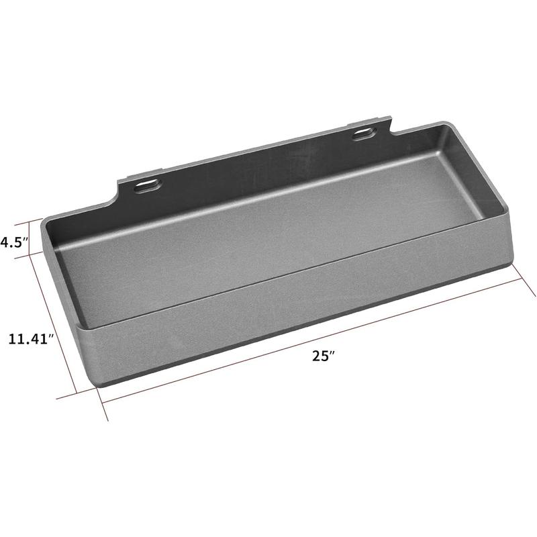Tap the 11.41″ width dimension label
31,339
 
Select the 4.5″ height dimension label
13,242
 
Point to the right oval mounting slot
364,134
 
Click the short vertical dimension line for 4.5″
30,239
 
